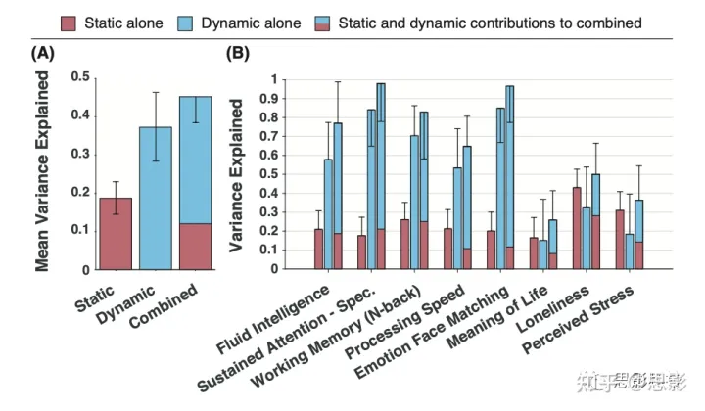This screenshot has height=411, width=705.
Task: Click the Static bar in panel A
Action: tap(116, 233)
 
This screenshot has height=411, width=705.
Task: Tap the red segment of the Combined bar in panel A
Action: tap(195, 246)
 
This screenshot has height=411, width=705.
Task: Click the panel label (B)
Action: tap(239, 53)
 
